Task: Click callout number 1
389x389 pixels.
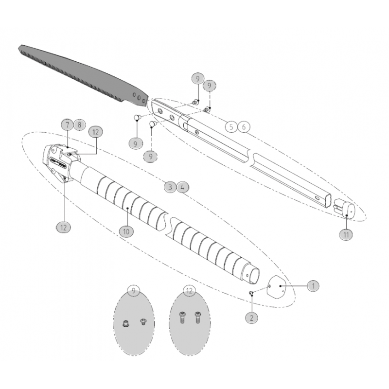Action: tap(313, 286)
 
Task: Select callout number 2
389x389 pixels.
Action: tap(251, 318)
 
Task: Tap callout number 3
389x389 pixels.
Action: tap(170, 187)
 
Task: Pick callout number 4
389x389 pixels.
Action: tap(183, 187)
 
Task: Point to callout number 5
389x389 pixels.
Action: tap(231, 127)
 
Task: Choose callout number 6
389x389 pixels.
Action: tap(244, 127)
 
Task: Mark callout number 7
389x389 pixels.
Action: tap(67, 124)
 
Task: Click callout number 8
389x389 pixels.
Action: tap(79, 124)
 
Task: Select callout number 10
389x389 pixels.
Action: tap(126, 231)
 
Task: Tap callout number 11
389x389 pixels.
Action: tap(346, 234)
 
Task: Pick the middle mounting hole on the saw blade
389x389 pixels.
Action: tap(139, 98)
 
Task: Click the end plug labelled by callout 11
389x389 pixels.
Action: tap(344, 208)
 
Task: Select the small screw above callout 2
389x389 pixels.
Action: tap(251, 293)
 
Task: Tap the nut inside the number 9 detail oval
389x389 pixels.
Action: tap(126, 323)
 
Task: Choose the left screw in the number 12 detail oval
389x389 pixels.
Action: tap(182, 318)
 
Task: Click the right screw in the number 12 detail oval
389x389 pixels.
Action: tap(198, 318)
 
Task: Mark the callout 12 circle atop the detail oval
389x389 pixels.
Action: tap(189, 290)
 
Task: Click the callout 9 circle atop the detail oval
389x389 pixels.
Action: tap(133, 290)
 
